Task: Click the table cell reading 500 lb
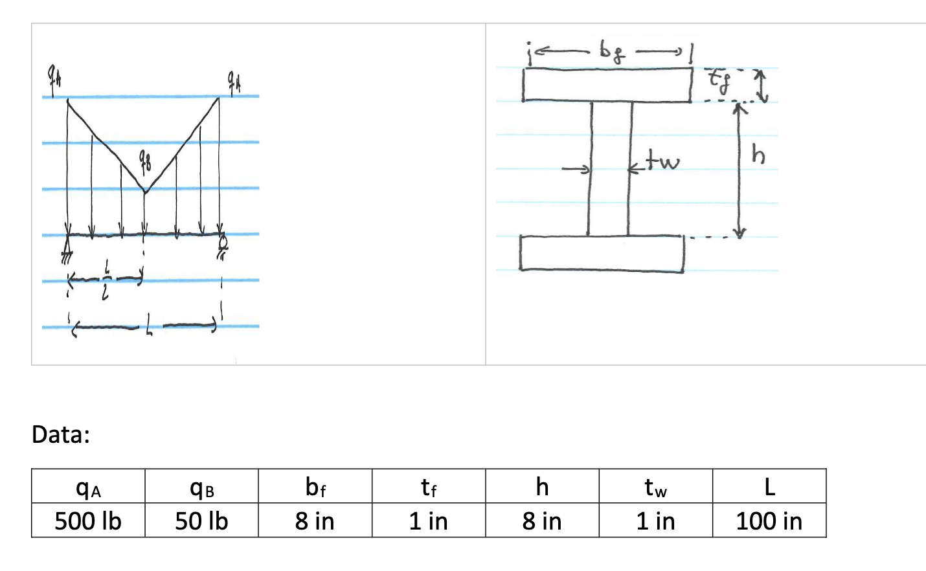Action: (x=88, y=521)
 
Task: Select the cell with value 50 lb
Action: (x=201, y=521)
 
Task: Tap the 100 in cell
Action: (x=769, y=521)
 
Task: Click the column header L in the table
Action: (x=769, y=487)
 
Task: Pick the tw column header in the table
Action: (x=655, y=487)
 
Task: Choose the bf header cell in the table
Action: (x=315, y=487)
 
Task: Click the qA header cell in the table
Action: (x=88, y=487)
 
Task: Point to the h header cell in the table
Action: (x=542, y=487)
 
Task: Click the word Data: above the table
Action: (x=61, y=434)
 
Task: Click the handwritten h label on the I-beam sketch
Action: (x=758, y=155)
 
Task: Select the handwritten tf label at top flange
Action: (x=717, y=80)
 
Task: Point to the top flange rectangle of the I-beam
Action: (x=607, y=85)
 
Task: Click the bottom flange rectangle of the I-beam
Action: (x=601, y=253)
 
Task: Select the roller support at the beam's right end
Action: (x=221, y=247)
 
